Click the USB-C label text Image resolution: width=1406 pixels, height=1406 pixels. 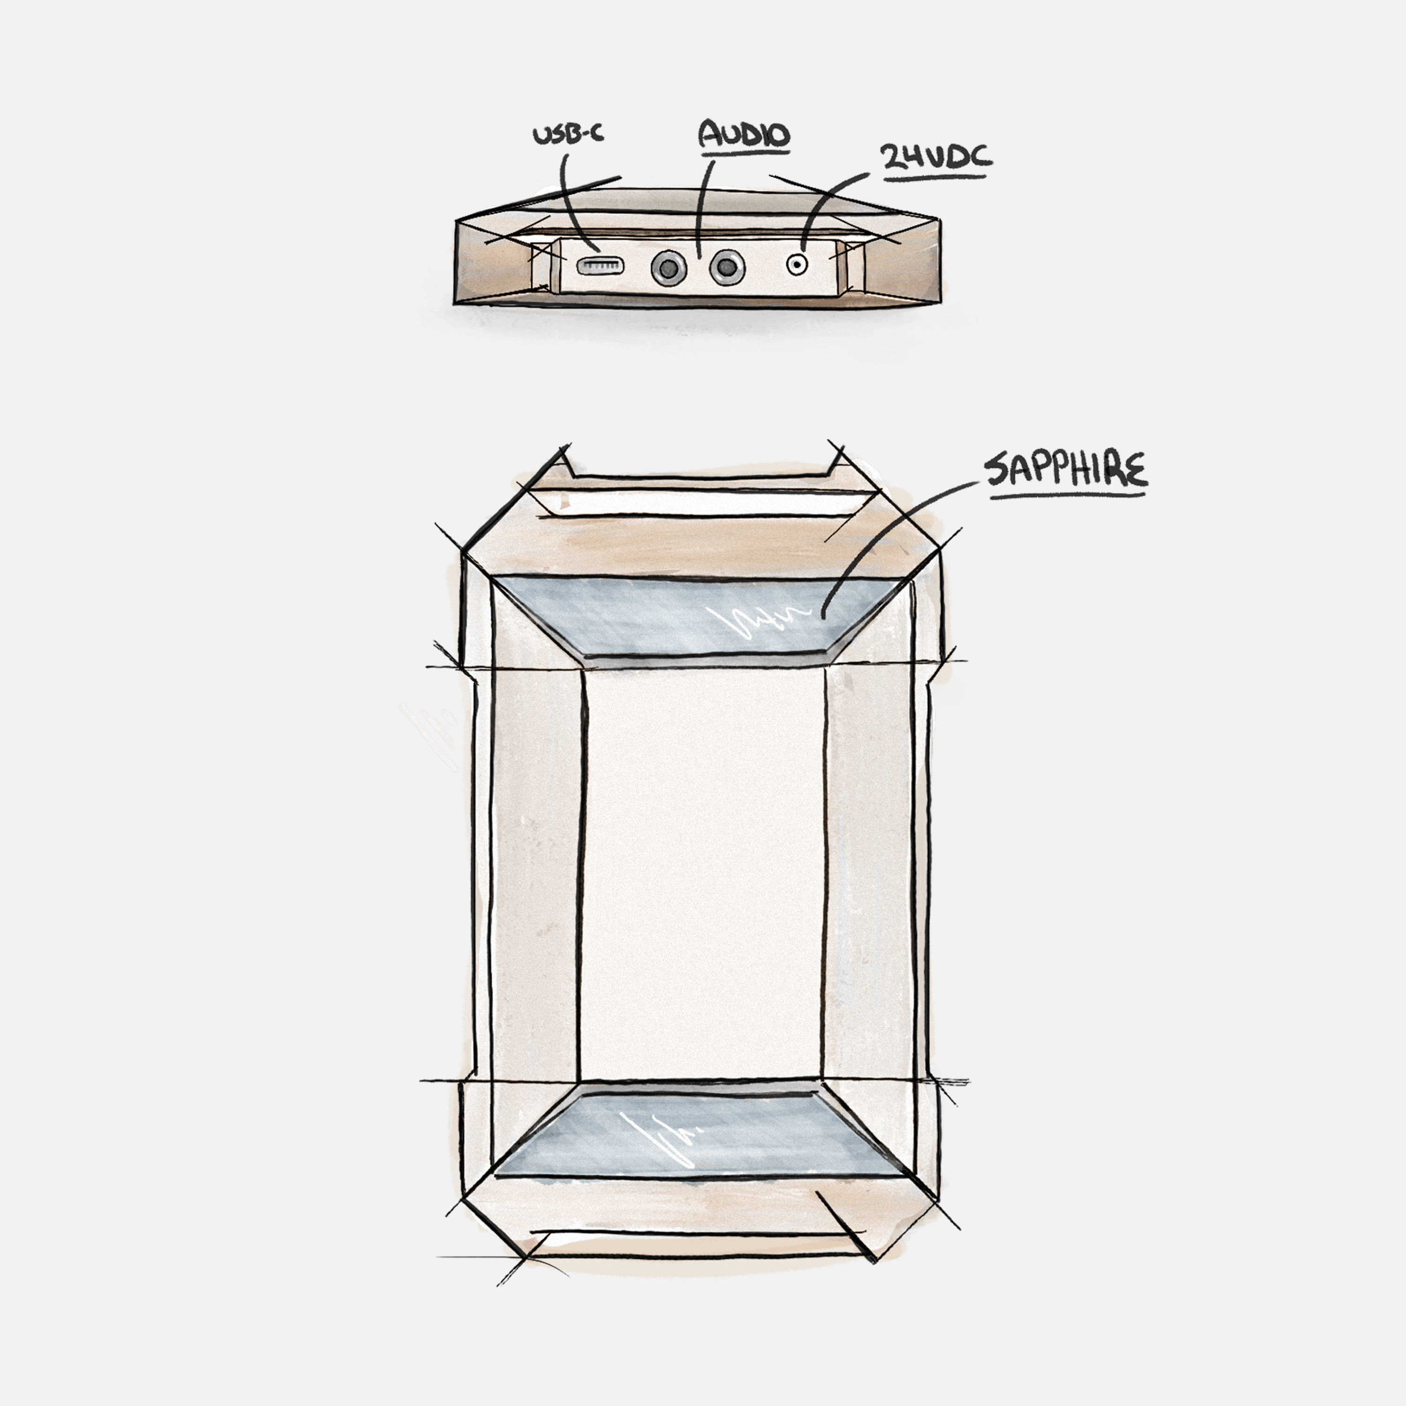[568, 135]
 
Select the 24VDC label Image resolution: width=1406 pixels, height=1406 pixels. [936, 157]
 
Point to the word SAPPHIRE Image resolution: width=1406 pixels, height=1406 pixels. [1065, 470]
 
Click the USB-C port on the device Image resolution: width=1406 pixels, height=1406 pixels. [600, 266]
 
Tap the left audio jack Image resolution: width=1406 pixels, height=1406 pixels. [668, 269]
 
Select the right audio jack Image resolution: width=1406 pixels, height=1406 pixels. [726, 268]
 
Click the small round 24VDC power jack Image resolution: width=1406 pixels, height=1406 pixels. [798, 264]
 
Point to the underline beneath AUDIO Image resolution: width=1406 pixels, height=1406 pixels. [744, 153]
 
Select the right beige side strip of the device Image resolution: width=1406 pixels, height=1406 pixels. [870, 873]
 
